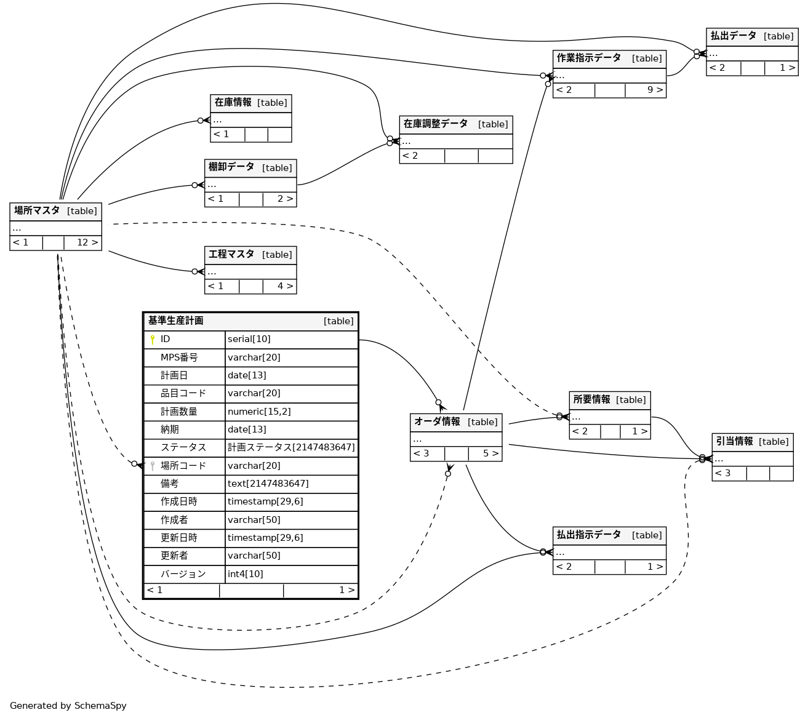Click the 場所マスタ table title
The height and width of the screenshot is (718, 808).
coord(37,211)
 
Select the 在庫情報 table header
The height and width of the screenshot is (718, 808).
coord(233,103)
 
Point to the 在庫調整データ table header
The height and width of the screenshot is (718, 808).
coord(436,124)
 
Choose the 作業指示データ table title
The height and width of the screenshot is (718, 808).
coord(589,58)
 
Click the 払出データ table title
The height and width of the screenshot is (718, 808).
coord(734,36)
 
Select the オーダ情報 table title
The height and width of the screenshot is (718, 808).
coord(437,422)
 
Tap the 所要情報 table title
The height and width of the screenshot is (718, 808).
coord(592,400)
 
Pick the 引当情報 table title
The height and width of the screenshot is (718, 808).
coord(735,442)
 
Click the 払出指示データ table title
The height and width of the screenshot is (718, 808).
coord(589,535)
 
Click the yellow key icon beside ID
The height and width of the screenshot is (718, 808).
coord(153,340)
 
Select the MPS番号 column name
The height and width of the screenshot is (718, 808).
coord(179,357)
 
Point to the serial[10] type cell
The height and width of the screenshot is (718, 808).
coord(249,340)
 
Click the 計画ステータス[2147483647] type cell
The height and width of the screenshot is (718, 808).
coord(291,447)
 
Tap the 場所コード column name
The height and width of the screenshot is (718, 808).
coord(183,466)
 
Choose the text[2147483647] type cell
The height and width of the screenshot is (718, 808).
coord(268,484)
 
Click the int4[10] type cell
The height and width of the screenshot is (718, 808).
coord(246,574)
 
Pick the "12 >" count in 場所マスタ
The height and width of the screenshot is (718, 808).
coord(87,243)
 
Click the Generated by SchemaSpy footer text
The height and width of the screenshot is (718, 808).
coord(68,706)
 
